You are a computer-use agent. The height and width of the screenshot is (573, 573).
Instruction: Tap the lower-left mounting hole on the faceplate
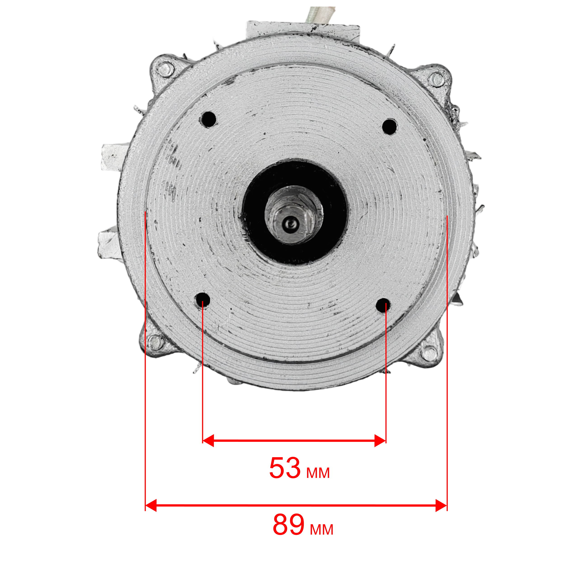pyautogui.click(x=202, y=300)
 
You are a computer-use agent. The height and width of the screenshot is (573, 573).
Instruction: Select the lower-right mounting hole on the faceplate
pyautogui.click(x=383, y=306)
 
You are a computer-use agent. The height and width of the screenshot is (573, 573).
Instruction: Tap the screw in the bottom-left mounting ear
pyautogui.click(x=155, y=343)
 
